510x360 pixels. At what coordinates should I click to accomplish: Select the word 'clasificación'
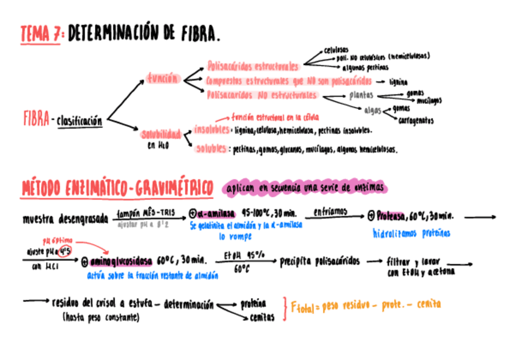click(x=79, y=121)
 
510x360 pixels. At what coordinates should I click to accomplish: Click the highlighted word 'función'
click(x=162, y=78)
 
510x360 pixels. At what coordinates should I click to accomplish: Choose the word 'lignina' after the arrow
click(x=399, y=81)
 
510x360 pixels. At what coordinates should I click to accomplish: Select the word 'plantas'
click(x=361, y=95)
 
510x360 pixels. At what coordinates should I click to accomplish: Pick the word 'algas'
click(x=372, y=110)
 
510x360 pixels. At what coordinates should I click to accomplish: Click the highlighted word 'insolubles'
click(x=211, y=130)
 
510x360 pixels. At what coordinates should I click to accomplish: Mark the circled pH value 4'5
click(x=64, y=251)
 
